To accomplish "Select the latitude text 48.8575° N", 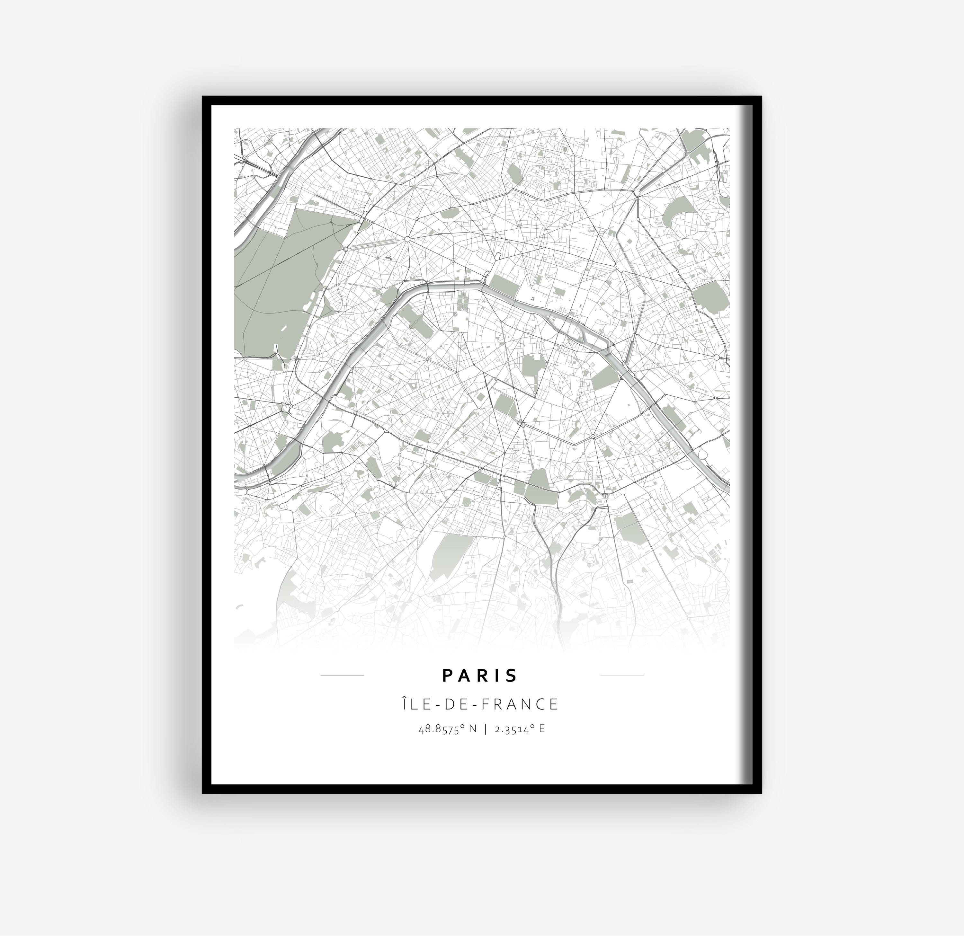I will point(448,728).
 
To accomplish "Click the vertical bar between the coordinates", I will point(486,728).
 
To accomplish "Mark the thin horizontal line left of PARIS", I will point(342,675).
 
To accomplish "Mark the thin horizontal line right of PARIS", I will point(622,675).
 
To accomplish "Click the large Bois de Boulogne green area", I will point(275,285).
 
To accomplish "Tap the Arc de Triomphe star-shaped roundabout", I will point(407,239).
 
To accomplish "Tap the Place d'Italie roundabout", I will point(593,437).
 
